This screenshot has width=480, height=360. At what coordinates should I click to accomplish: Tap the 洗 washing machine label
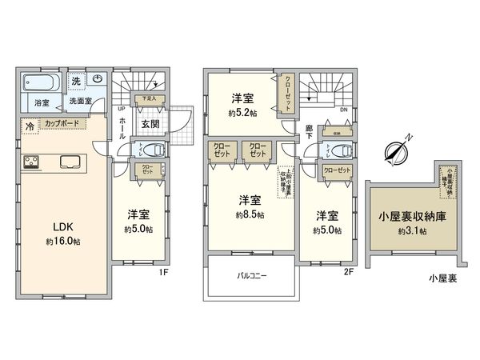(76, 80)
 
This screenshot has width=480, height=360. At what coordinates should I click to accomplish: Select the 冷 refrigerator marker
(30, 126)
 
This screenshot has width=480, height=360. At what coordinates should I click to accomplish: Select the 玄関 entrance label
(151, 125)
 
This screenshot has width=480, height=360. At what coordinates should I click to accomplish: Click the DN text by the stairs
(343, 111)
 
